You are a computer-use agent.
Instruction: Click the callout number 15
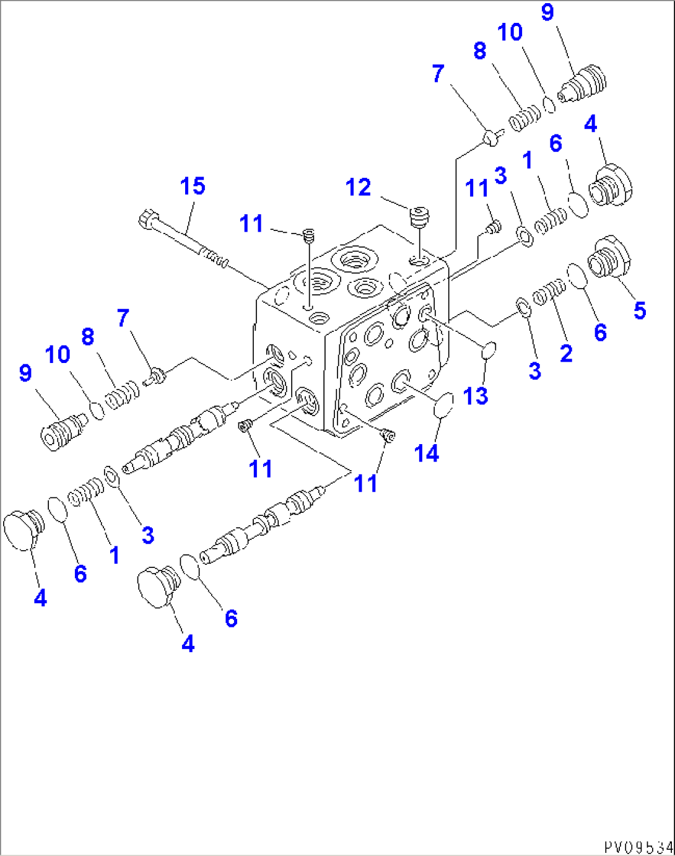point(193,186)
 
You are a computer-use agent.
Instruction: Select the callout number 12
point(358,187)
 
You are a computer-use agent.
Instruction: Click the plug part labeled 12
point(420,219)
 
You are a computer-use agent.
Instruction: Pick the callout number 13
point(475,396)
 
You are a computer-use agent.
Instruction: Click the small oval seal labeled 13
point(489,351)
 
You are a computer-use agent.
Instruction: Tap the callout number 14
point(427,453)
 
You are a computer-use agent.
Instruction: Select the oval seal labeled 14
point(443,406)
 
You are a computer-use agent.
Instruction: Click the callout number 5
point(640,310)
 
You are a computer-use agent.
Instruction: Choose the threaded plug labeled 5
point(610,258)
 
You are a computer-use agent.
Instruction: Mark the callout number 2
point(566,353)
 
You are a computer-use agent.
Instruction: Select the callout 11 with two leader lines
point(365,483)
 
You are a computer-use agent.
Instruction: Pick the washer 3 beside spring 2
point(523,307)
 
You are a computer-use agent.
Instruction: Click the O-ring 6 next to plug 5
point(577,276)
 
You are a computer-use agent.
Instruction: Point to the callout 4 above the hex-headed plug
point(590,124)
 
